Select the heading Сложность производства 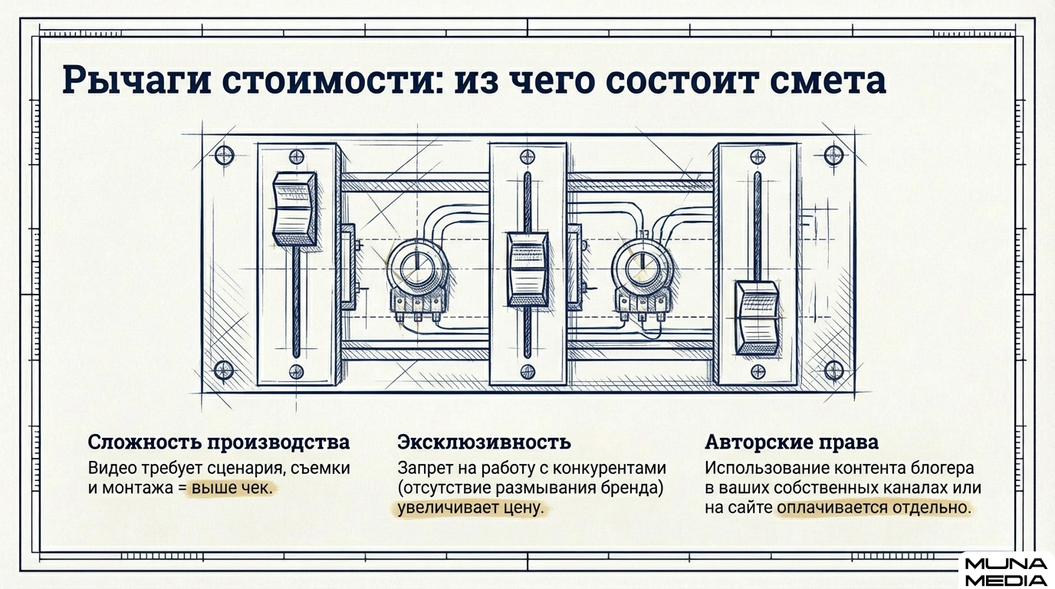coord(219,443)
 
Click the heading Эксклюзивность coord(484,443)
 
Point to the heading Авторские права coord(791,443)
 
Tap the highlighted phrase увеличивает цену coord(470,508)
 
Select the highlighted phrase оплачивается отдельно coord(874,508)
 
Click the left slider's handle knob coord(295,209)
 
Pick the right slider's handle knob coord(757,316)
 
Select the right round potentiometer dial coord(639,268)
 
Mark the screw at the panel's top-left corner coord(224,156)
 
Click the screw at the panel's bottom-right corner coord(833,371)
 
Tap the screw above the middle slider coord(527,156)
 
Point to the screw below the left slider coord(296,372)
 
